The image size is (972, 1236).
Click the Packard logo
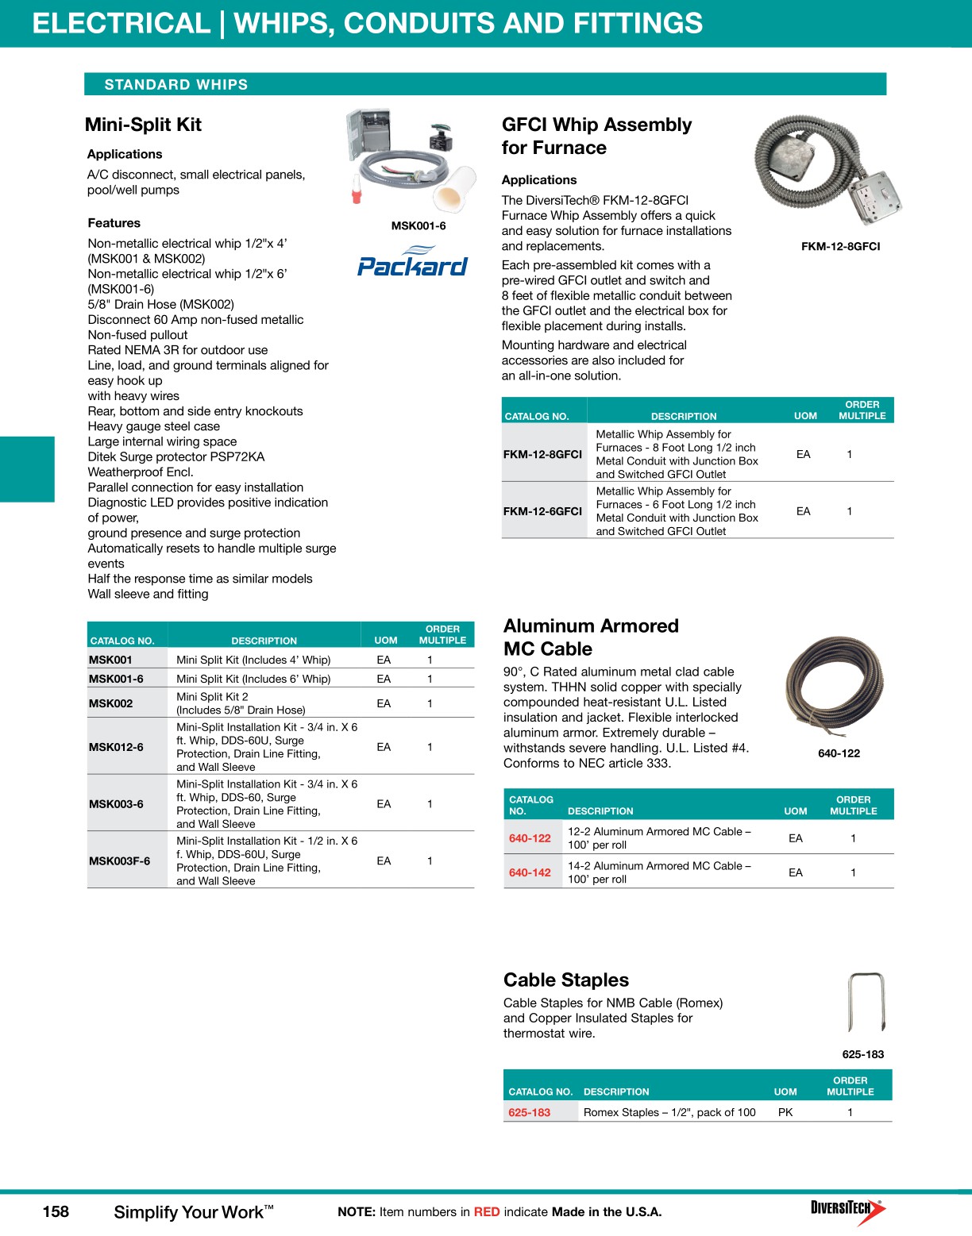pyautogui.click(x=412, y=263)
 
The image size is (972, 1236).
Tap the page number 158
pyautogui.click(x=56, y=1211)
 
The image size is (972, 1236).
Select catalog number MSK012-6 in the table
pyautogui.click(x=116, y=747)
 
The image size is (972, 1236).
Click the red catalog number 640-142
pyautogui.click(x=530, y=872)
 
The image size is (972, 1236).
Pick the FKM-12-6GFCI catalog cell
pyautogui.click(x=542, y=511)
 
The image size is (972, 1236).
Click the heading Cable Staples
pyautogui.click(x=565, y=980)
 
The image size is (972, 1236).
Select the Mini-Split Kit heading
pyautogui.click(x=143, y=125)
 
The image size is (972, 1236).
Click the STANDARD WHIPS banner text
pyautogui.click(x=176, y=85)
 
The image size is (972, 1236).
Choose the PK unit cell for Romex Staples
pyautogui.click(x=785, y=1112)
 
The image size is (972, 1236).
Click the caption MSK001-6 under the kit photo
pyautogui.click(x=418, y=226)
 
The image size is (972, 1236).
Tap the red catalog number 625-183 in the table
pyautogui.click(x=529, y=1112)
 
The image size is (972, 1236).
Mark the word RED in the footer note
pyautogui.click(x=487, y=1212)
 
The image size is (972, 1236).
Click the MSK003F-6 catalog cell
pyautogui.click(x=119, y=861)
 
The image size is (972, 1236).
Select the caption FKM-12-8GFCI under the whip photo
pyautogui.click(x=840, y=247)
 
